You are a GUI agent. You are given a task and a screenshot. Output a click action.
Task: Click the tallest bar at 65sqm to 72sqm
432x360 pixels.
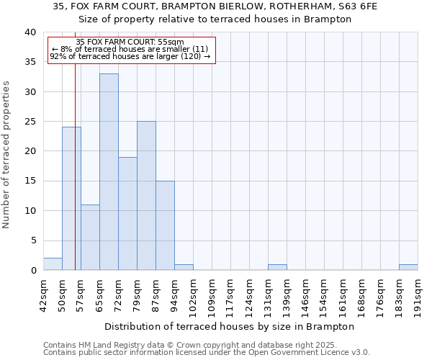point(109,172)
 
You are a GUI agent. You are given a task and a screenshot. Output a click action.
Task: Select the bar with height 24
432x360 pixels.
point(71,199)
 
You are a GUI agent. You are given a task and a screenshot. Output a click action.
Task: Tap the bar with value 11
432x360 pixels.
point(90,238)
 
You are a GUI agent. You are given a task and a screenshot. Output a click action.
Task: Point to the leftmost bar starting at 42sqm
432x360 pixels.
point(53,264)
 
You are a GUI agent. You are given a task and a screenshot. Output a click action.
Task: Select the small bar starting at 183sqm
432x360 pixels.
point(408,267)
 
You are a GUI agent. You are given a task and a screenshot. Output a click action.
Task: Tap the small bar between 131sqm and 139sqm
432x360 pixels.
point(277,267)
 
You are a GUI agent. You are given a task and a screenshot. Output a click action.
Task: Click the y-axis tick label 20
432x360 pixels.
point(31,151)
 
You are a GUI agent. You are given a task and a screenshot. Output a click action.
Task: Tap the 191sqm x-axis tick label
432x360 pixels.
point(418,294)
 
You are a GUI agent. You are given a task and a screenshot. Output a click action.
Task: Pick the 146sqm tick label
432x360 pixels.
point(305,294)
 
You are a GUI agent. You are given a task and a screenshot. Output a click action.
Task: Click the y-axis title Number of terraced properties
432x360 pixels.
point(6,154)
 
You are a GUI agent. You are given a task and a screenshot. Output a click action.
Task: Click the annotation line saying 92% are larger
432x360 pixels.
point(130,56)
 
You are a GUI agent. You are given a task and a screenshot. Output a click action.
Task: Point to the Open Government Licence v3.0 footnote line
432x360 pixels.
point(207,352)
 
